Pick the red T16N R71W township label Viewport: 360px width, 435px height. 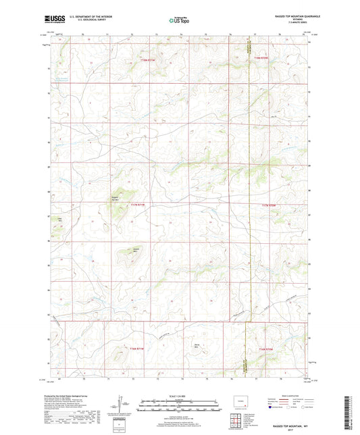point(136,349)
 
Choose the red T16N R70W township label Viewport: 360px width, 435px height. point(267,349)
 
